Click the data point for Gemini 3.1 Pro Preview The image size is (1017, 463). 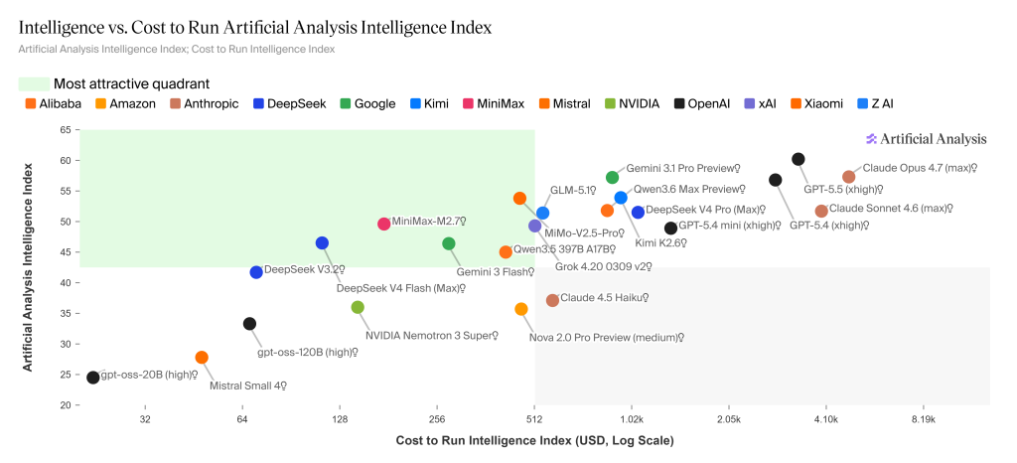click(613, 178)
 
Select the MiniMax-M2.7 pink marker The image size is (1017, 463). click(383, 224)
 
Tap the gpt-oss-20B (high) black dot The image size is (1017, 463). click(93, 378)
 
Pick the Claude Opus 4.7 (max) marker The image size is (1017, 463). click(849, 177)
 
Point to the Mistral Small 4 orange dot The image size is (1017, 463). click(202, 358)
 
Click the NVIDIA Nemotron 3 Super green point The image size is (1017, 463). click(358, 308)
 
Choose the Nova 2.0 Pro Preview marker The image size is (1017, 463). click(521, 310)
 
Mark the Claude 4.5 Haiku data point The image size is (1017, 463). click(552, 300)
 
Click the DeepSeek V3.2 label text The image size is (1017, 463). click(304, 269)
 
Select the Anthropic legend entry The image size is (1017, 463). click(205, 103)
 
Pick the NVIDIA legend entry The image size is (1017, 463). click(632, 103)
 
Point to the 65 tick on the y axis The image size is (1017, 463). click(66, 130)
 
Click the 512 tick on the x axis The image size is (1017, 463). click(534, 419)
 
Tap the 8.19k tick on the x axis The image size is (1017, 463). click(924, 419)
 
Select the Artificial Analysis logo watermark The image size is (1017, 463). click(927, 139)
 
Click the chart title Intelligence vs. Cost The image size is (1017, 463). click(255, 27)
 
